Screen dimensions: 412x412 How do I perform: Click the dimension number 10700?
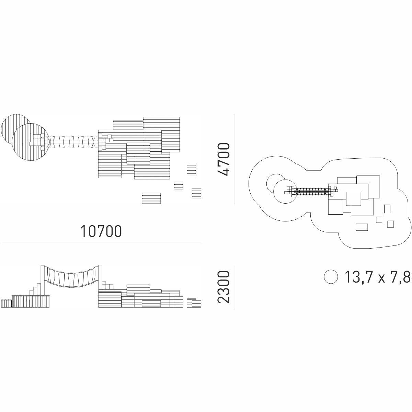tap(101, 231)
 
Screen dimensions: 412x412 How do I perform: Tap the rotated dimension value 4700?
tap(224, 159)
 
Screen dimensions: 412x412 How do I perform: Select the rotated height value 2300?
tap(224, 287)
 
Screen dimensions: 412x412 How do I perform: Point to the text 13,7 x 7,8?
tap(378, 277)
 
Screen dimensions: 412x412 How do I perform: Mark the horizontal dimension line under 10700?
tap(101, 242)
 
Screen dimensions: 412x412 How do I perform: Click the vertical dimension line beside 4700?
tap(235, 160)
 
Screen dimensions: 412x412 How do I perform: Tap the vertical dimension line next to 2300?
tap(235, 287)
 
